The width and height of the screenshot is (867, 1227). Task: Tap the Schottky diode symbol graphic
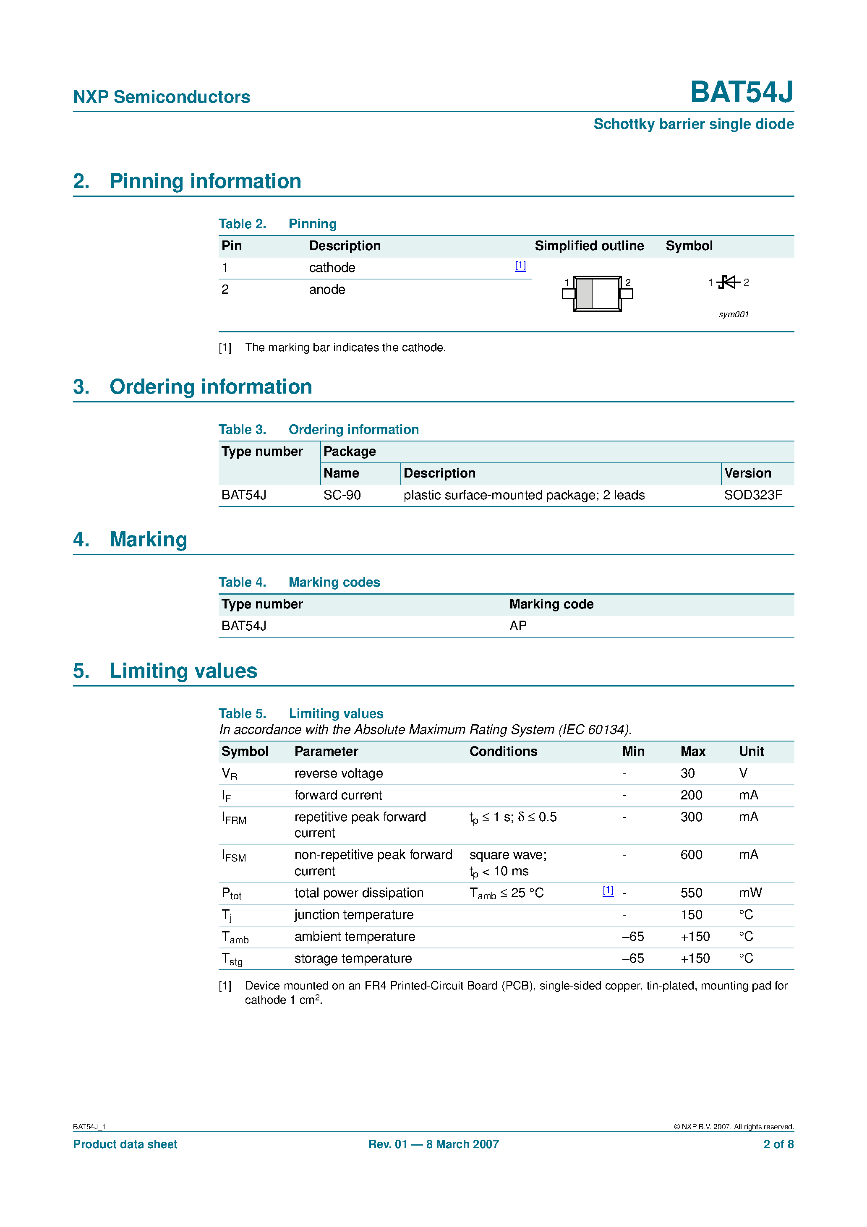pos(728,282)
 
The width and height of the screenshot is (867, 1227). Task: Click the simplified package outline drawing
pos(597,293)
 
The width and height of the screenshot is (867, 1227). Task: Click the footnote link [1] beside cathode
pos(520,266)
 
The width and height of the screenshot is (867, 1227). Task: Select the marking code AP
pos(517,626)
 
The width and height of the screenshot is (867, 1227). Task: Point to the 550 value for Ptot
pos(691,893)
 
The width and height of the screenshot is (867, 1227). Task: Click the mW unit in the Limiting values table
pos(750,893)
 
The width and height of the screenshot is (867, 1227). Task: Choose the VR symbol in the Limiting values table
pos(229,774)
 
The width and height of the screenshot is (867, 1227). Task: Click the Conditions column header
pos(503,752)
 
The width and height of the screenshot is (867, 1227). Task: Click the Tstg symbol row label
pos(232,959)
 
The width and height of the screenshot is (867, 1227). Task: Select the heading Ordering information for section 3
pos(211,387)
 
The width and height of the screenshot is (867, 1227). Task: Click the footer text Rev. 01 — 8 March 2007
pos(433,1144)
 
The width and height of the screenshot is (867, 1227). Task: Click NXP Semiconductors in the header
pos(162,97)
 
